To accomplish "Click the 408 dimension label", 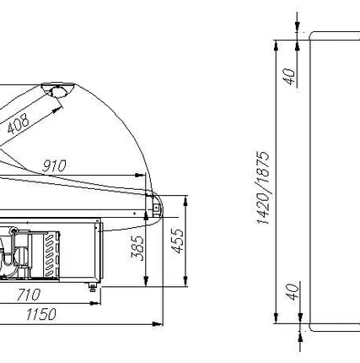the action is pyautogui.click(x=19, y=123).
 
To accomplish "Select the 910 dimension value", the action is pyautogui.click(x=54, y=166).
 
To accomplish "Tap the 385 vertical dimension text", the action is pyautogui.click(x=137, y=248).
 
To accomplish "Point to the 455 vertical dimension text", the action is pyautogui.click(x=177, y=241).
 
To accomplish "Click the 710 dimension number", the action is pyautogui.click(x=29, y=295).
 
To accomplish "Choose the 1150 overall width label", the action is pyautogui.click(x=41, y=314).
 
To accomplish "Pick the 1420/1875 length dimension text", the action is pyautogui.click(x=263, y=187).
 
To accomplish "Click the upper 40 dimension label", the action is pyautogui.click(x=289, y=77).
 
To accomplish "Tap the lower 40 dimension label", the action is pyautogui.click(x=293, y=292).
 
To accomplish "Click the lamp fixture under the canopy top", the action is pyautogui.click(x=58, y=90).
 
